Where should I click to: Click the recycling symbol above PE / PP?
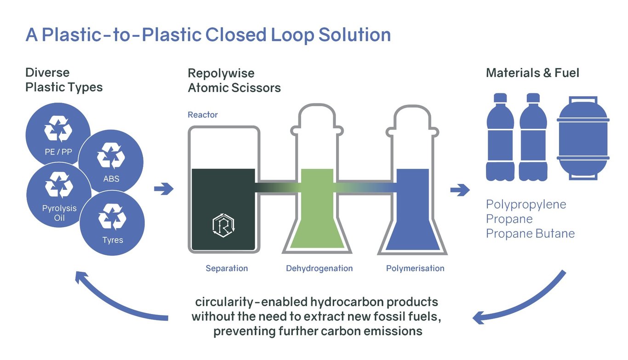click(x=58, y=129)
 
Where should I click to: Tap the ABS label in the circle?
click(x=111, y=178)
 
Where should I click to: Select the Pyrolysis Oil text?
click(x=59, y=213)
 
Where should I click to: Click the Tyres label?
click(x=113, y=240)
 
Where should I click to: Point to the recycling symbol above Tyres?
click(x=112, y=217)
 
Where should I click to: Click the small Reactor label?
click(x=203, y=114)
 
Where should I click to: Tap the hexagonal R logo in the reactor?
click(x=223, y=225)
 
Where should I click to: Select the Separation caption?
click(x=227, y=269)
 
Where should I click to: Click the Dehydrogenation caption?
click(x=320, y=269)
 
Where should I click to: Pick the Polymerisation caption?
click(x=415, y=269)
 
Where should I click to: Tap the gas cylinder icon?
click(x=583, y=138)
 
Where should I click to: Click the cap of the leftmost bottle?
click(x=500, y=97)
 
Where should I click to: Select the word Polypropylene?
click(x=526, y=205)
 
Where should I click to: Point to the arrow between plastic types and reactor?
click(x=164, y=189)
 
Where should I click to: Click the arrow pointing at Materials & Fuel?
click(x=460, y=190)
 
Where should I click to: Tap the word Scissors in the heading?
click(x=256, y=88)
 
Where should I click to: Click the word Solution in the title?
click(x=354, y=35)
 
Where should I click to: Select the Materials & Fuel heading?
click(x=532, y=73)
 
